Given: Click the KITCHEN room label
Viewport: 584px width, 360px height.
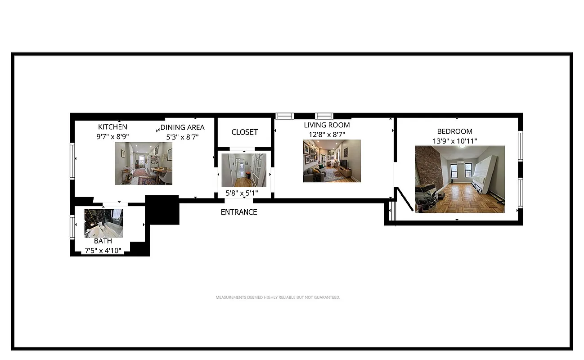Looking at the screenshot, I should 112,127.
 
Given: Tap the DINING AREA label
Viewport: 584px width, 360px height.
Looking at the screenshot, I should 182,127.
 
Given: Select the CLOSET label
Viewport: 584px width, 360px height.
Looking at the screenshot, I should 245,132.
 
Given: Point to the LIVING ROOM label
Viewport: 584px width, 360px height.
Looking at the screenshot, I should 327,125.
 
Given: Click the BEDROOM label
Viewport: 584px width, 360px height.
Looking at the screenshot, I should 454,131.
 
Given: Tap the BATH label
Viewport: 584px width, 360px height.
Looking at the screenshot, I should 103,241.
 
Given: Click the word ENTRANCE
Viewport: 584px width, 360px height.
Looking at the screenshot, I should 239,212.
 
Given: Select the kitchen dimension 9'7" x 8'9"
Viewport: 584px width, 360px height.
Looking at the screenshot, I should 112,137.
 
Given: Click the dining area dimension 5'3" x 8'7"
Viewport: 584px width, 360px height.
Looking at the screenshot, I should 182,137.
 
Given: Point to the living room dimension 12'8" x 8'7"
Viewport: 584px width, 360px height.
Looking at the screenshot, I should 327,134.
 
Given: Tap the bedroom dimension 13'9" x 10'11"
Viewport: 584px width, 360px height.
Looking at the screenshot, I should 454,141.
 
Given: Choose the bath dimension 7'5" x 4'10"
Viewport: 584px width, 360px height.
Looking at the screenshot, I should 103,251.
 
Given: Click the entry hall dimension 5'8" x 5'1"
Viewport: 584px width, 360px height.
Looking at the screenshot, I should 242,193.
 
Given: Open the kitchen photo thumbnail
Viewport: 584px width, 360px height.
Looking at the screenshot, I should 144,163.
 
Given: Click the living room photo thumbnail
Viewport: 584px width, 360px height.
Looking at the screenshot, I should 332,161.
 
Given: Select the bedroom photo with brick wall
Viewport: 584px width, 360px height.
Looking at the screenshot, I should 459,179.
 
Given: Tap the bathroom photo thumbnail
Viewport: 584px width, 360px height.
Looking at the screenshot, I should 103,223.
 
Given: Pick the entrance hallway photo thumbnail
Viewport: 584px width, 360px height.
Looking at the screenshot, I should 244,171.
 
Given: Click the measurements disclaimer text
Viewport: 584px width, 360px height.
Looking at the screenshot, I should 278,297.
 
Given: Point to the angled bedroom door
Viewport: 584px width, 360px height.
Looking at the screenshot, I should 404,199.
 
